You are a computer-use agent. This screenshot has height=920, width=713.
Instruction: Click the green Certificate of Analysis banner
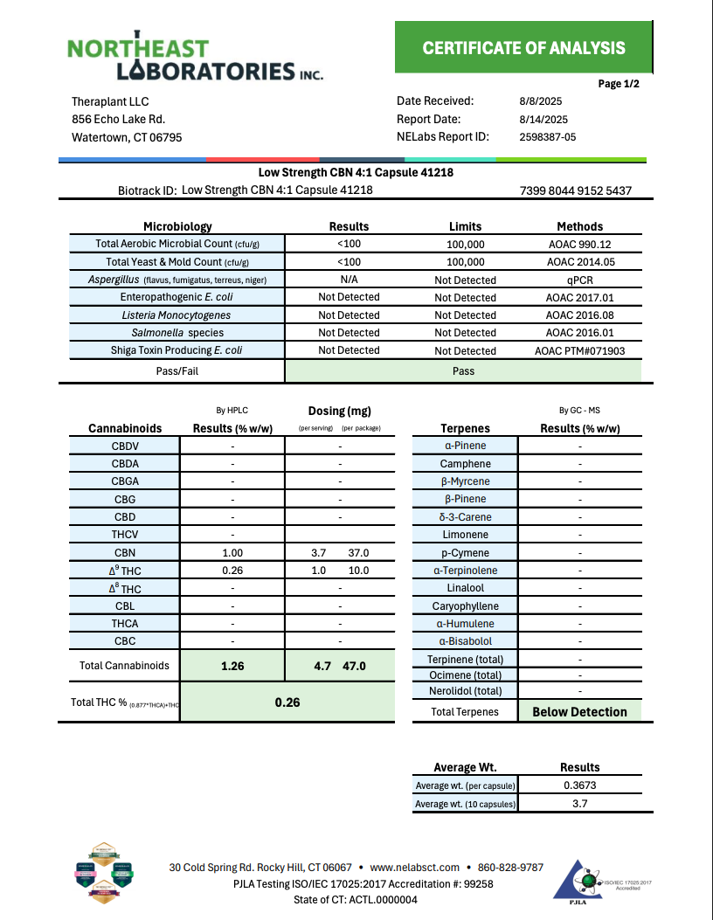523,48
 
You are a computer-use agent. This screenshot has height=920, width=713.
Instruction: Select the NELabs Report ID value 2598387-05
547,137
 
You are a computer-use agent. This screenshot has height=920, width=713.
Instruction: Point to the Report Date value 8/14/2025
543,120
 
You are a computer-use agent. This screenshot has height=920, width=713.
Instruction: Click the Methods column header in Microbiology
579,226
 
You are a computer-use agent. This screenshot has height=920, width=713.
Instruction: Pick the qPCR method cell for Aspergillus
579,280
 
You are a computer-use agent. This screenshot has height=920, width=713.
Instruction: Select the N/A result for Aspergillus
349,280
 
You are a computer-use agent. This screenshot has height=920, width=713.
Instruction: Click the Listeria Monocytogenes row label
177,315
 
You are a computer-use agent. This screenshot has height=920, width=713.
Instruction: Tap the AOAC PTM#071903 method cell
579,350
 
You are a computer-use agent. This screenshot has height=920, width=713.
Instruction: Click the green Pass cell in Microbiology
463,371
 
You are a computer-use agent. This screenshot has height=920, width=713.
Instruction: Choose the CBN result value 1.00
232,553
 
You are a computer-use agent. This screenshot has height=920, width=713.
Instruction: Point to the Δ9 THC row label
125,571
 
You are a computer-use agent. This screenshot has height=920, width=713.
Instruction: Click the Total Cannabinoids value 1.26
232,666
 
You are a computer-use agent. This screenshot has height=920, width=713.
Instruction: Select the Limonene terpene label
465,535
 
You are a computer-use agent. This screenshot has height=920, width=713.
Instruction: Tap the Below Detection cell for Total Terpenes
579,712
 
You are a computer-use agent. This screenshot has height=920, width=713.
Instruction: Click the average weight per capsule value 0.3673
579,785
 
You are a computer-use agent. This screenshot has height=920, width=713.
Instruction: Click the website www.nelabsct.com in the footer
414,868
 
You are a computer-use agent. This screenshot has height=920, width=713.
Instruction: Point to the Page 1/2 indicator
619,85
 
